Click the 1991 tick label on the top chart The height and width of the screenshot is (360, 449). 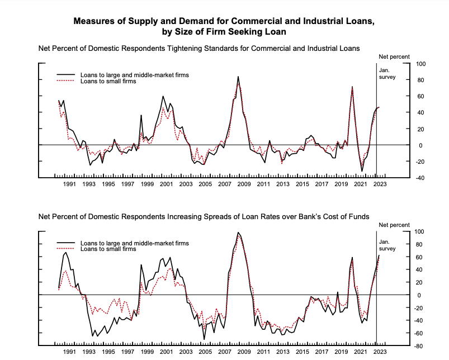69,184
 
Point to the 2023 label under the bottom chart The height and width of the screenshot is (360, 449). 380,352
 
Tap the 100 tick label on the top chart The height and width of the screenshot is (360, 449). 419,64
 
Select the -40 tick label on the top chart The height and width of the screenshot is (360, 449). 419,178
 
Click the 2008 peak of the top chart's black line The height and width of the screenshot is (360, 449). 238,77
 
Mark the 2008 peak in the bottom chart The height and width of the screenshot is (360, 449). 238,233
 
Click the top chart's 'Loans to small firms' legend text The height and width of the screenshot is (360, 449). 108,81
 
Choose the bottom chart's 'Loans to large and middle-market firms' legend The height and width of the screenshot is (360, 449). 134,243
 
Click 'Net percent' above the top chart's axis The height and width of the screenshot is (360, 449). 394,56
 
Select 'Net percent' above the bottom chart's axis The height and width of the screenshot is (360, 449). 394,224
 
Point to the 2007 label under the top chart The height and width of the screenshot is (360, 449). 225,184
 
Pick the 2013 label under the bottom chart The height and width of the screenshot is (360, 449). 283,352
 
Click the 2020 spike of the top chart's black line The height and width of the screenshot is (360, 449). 352,87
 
